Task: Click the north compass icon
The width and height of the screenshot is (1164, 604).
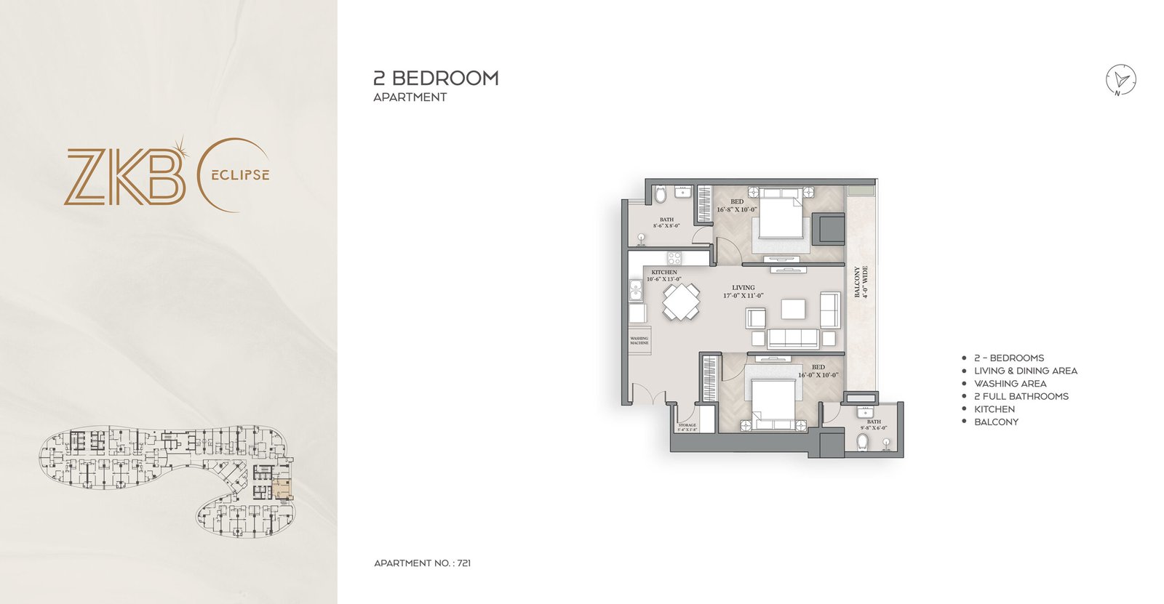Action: (1121, 80)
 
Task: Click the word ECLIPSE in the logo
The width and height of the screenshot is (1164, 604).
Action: (241, 175)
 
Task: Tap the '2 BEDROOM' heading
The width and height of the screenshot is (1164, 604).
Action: (436, 78)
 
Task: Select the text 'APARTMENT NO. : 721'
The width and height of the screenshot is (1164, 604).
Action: (422, 563)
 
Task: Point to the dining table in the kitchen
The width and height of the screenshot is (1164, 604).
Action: (681, 302)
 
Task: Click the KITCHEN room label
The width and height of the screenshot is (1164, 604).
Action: (664, 275)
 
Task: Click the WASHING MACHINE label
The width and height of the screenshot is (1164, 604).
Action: (639, 340)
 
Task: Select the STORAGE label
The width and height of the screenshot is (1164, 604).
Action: (687, 427)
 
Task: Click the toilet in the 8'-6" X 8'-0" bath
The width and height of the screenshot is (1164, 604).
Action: (660, 195)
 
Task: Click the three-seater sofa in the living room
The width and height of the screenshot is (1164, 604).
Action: (792, 338)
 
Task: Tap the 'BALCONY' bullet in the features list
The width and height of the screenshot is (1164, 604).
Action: (996, 422)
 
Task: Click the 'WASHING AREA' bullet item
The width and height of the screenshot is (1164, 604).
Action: (1010, 383)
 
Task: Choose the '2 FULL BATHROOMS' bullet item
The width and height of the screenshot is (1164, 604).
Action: (1021, 396)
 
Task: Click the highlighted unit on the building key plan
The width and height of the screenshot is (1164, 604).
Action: (282, 488)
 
